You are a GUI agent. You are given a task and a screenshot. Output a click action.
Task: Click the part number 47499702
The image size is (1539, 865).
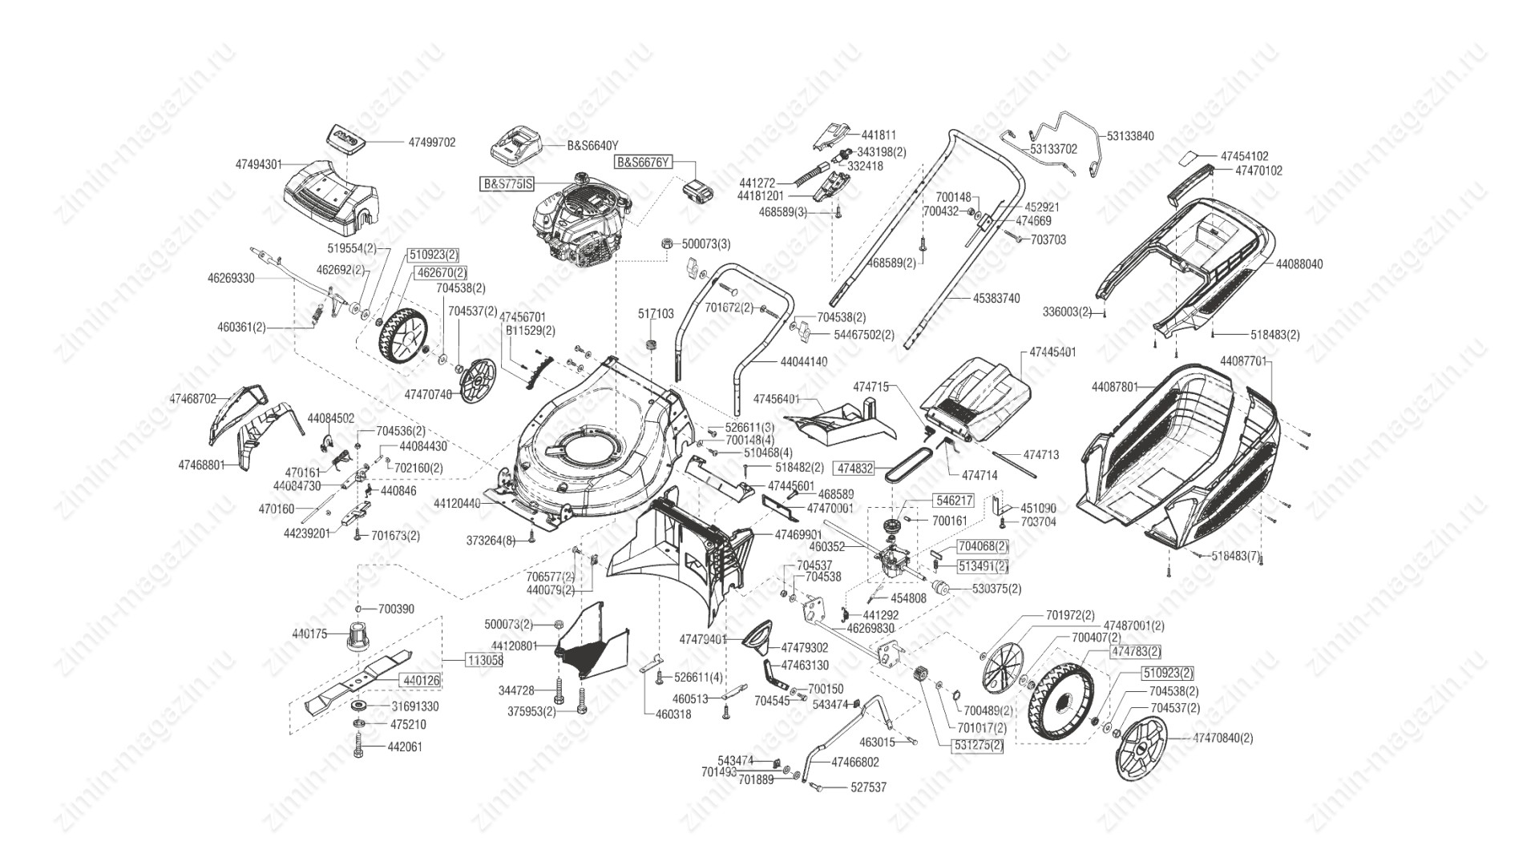coord(431,143)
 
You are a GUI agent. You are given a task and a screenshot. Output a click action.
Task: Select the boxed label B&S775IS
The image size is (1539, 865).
coord(506,184)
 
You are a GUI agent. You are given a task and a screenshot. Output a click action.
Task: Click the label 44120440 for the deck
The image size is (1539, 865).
coord(457,504)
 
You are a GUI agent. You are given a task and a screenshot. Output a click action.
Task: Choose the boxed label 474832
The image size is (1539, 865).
coord(854,467)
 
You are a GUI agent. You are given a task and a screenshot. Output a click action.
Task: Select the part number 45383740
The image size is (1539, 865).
coord(996,299)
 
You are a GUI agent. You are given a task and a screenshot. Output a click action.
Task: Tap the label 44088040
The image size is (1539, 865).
coord(1299,264)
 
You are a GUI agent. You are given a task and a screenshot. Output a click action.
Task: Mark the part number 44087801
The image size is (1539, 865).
coord(1114,387)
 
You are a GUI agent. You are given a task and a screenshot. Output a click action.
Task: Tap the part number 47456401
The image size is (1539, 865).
coord(777,398)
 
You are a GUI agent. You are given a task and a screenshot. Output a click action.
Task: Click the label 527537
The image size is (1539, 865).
coord(868,787)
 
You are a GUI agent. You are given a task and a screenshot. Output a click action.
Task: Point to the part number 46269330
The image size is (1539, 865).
coord(231,279)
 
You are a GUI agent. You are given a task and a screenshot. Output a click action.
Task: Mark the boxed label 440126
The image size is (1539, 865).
coord(420,680)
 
